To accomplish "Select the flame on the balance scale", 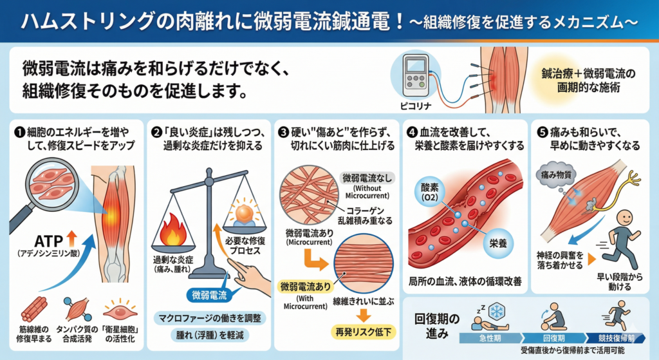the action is [172, 230].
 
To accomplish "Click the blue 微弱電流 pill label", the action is [209, 295].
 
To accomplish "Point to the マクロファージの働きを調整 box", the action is [210, 318].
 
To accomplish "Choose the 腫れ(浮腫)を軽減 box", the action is [210, 335].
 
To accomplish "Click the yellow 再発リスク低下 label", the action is [363, 332].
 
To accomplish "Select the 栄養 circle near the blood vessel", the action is [498, 243].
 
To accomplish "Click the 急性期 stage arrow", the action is [490, 338].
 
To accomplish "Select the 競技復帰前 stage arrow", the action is [615, 338].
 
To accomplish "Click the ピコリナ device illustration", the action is [415, 76].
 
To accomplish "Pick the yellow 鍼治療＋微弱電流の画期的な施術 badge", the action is [588, 81].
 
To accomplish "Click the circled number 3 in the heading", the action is [283, 133].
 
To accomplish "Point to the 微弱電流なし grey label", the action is [366, 178].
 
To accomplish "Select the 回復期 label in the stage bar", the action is [554, 338].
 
